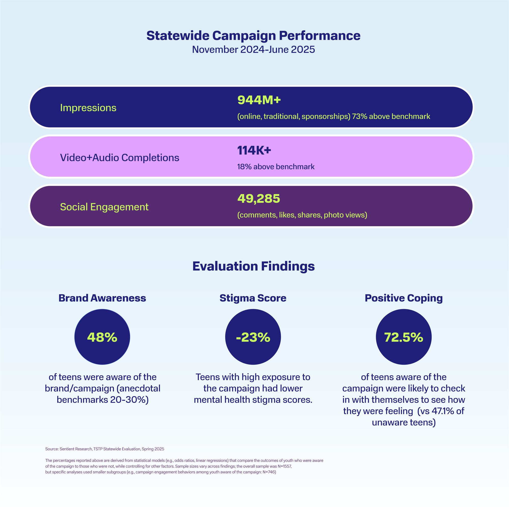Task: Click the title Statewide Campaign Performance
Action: [x=253, y=36]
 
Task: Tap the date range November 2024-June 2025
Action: [x=253, y=50]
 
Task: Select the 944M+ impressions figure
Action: [x=259, y=100]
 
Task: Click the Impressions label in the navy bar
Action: [x=88, y=108]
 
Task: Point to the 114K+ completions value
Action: [x=254, y=150]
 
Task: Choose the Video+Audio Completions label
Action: [x=120, y=158]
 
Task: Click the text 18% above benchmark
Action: [x=276, y=167]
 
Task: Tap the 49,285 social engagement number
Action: [x=259, y=199]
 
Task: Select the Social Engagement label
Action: [x=104, y=207]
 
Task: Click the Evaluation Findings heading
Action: [x=253, y=266]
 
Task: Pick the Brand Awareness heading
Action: [x=102, y=298]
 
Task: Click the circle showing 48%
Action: [x=102, y=337]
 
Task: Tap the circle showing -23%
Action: [x=253, y=337]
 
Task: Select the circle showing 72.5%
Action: [x=404, y=337]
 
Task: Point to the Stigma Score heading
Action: [x=253, y=298]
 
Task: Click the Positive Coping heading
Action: [x=404, y=298]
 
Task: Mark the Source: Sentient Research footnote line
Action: [x=105, y=449]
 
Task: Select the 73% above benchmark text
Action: [x=391, y=116]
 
